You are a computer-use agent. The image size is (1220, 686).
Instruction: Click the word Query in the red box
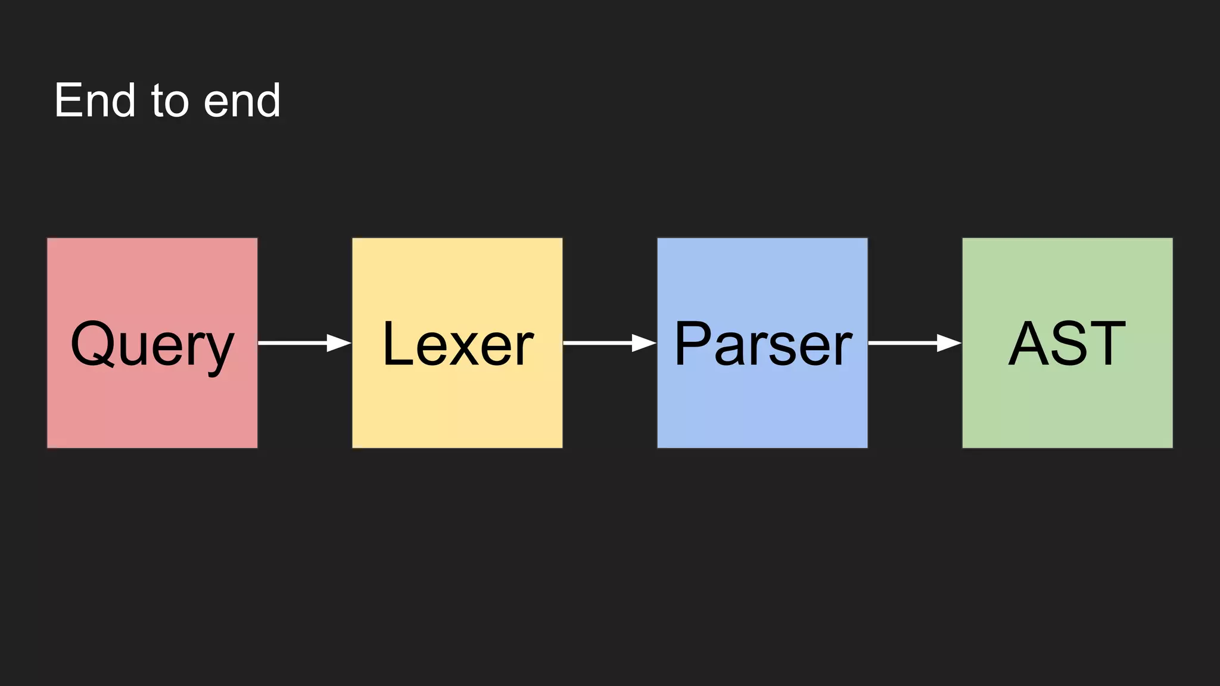click(152, 344)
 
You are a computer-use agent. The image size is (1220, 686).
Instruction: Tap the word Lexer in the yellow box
click(457, 344)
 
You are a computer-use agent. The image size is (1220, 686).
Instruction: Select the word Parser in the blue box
click(762, 344)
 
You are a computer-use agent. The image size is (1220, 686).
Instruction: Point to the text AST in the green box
click(1067, 344)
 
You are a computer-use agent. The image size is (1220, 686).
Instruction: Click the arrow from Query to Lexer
click(304, 343)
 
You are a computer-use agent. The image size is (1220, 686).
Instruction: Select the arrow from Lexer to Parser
click(609, 343)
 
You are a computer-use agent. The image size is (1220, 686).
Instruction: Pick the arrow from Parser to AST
click(914, 343)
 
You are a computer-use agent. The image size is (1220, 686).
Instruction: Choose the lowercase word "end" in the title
click(242, 100)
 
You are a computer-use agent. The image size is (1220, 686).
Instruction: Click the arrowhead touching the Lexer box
click(339, 343)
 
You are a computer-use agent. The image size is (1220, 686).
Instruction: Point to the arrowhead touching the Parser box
click(644, 343)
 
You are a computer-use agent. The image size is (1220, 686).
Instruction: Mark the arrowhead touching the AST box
click(949, 343)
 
